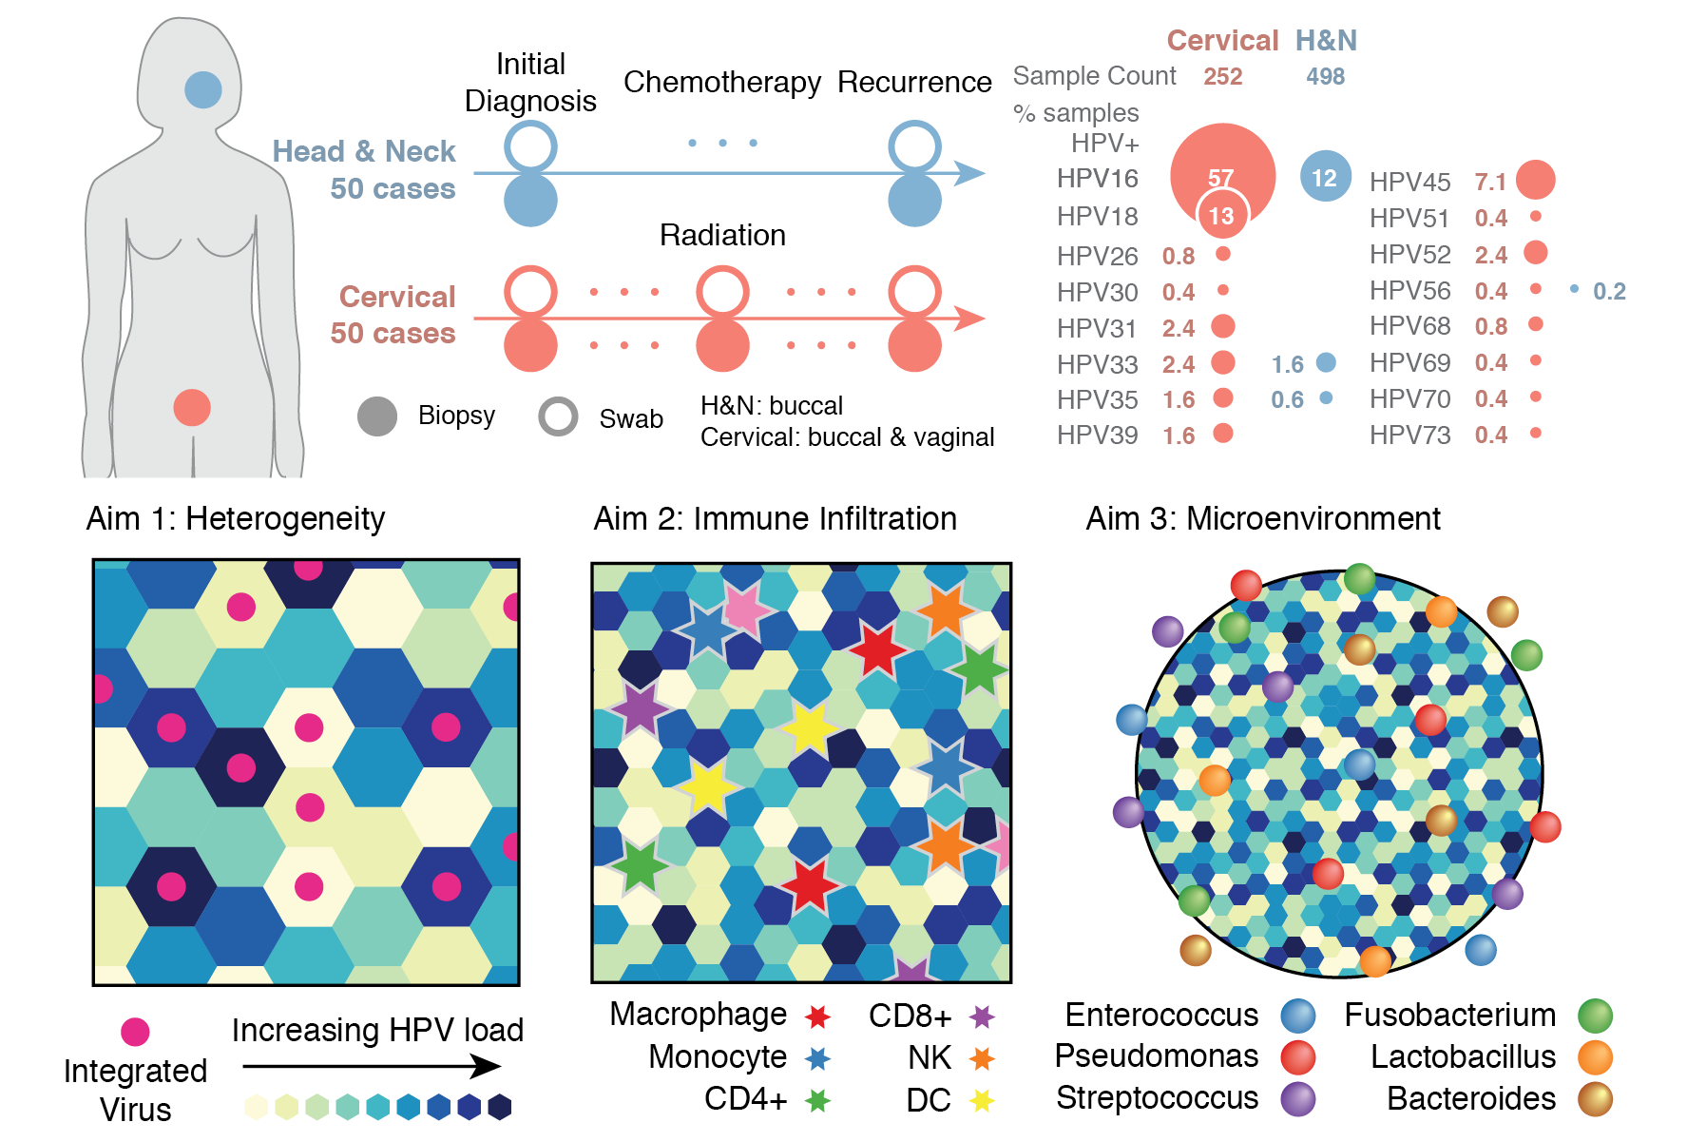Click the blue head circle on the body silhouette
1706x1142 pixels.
tap(203, 90)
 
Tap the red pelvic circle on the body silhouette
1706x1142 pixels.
tap(192, 408)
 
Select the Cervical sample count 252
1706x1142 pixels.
tap(1222, 77)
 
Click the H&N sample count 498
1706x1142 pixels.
tap(1325, 77)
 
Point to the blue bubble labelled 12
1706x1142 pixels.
tap(1325, 177)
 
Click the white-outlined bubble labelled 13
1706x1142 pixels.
tap(1221, 216)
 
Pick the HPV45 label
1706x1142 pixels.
tap(1409, 182)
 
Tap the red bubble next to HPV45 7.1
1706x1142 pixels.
tap(1535, 180)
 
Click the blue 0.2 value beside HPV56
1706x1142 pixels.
tap(1609, 291)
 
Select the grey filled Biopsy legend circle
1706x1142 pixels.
tap(377, 416)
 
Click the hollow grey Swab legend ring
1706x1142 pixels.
tap(558, 416)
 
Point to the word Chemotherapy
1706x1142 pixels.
tap(722, 83)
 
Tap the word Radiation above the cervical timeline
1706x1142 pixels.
tap(722, 235)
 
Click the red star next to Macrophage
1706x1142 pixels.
tap(817, 1016)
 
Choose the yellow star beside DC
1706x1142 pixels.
tap(982, 1100)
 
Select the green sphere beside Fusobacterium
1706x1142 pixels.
tap(1595, 1016)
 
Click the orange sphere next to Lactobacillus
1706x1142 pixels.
tap(1595, 1057)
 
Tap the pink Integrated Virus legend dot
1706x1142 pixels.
tap(135, 1032)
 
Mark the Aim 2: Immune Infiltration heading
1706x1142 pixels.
tap(775, 519)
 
